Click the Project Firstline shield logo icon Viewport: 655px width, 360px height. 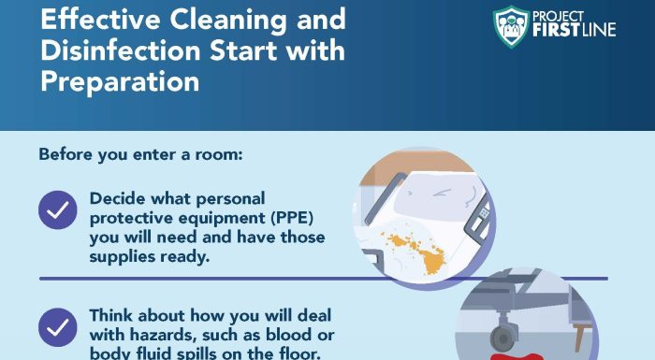(512, 22)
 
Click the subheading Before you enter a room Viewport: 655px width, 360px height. (140, 153)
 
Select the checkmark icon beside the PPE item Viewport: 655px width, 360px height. (58, 209)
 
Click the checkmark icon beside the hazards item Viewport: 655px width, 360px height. (58, 327)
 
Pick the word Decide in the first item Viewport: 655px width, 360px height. (118, 198)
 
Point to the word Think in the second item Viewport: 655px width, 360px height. (113, 315)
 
